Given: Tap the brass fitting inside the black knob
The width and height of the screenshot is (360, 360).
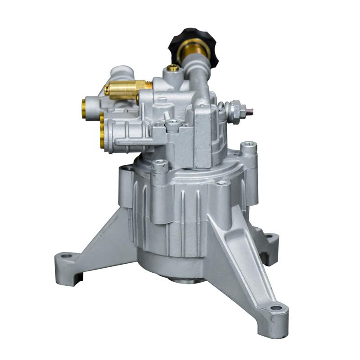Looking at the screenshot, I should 193,49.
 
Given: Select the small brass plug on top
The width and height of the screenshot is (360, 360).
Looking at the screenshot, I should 172,68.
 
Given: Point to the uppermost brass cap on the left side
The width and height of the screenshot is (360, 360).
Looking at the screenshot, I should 84,108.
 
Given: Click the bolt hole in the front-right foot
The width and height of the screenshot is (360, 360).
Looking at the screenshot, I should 275,308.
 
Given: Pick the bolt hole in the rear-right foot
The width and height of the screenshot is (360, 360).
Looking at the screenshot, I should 269,236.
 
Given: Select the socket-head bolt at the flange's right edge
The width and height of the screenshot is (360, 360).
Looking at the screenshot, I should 248,146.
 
